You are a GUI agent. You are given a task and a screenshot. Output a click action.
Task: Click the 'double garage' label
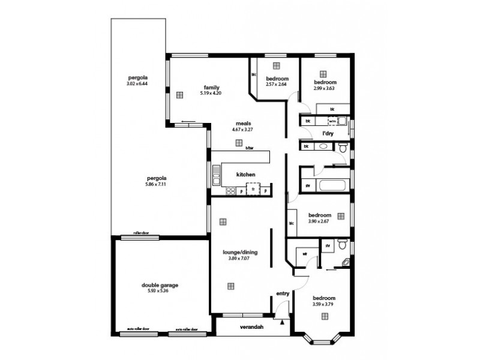(160, 286)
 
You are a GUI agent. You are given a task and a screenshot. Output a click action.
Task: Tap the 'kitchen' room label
(245, 175)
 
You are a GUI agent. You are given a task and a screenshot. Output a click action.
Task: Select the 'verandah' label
(252, 327)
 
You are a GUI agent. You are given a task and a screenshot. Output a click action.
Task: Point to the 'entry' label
(283, 293)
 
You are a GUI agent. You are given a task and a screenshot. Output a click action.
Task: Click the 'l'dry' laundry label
(328, 133)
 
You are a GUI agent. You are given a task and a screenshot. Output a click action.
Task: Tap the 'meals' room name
(243, 124)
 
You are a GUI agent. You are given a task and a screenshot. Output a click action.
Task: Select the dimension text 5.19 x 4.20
(211, 94)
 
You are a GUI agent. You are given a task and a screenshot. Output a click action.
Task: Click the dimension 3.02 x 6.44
(137, 84)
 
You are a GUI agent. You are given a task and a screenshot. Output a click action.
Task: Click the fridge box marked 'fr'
(253, 190)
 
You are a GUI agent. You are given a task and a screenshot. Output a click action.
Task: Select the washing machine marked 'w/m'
(332, 121)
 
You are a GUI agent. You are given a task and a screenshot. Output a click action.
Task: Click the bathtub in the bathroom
(332, 185)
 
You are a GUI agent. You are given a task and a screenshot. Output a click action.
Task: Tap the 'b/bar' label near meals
(249, 148)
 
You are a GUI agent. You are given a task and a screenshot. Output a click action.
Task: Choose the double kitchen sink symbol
(216, 174)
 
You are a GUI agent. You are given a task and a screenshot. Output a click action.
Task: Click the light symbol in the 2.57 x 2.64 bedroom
(276, 65)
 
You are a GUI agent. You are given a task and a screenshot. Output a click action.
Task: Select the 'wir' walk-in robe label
(304, 254)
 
